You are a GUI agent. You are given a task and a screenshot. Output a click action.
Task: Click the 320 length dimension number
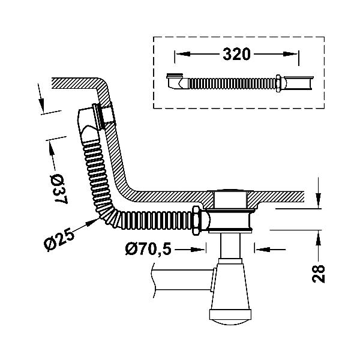click(x=236, y=54)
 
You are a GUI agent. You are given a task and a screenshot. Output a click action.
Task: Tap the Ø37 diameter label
click(x=59, y=189)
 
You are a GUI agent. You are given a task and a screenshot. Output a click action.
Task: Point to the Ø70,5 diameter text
click(x=148, y=250)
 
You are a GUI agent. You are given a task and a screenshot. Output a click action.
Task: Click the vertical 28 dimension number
click(x=318, y=274)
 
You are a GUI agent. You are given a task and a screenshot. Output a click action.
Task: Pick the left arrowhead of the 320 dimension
click(x=183, y=54)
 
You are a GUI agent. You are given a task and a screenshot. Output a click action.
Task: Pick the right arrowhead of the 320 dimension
click(x=290, y=54)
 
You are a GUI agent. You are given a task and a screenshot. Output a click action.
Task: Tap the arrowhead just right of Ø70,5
click(x=197, y=250)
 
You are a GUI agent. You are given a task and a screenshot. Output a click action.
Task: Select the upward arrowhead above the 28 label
click(x=318, y=238)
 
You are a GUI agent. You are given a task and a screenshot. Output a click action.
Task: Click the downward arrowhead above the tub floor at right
click(x=318, y=201)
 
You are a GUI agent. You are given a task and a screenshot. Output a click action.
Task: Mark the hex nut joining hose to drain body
click(x=196, y=220)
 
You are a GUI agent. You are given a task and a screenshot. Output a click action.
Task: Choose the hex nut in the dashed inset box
click(x=278, y=83)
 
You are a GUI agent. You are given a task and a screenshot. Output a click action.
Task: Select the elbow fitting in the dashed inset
click(x=177, y=81)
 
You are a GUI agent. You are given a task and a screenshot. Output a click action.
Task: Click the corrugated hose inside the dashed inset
click(x=232, y=83)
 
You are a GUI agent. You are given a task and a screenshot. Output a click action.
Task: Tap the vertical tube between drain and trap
click(x=230, y=245)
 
